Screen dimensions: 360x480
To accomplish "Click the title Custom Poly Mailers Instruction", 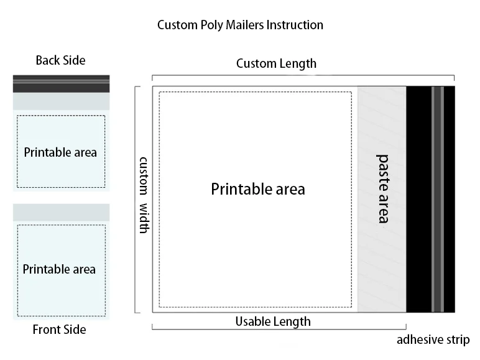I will tap(240, 25).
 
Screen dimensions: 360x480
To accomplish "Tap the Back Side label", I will tap(60, 60).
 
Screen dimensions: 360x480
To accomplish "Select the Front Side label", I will tap(59, 330).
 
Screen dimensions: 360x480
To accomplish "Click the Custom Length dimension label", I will tap(276, 63).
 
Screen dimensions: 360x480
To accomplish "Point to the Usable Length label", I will tap(272, 321).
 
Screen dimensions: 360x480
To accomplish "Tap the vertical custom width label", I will tap(144, 195).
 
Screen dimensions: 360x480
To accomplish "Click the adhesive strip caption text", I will tap(433, 339).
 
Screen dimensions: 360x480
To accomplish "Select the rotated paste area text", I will tap(383, 188).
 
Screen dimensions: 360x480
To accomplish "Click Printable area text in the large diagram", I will tap(258, 189).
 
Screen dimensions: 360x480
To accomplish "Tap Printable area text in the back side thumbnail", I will tap(60, 152).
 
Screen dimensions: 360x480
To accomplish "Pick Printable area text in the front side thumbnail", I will tap(59, 269).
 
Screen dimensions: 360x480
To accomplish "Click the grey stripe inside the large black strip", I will tap(438, 199).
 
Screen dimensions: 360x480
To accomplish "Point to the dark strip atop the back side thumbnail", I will tap(61, 83).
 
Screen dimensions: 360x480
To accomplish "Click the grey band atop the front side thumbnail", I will tap(61, 212).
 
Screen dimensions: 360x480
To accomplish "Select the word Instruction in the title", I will tap(294, 25).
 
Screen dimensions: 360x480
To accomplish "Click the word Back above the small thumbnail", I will tap(47, 60).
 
